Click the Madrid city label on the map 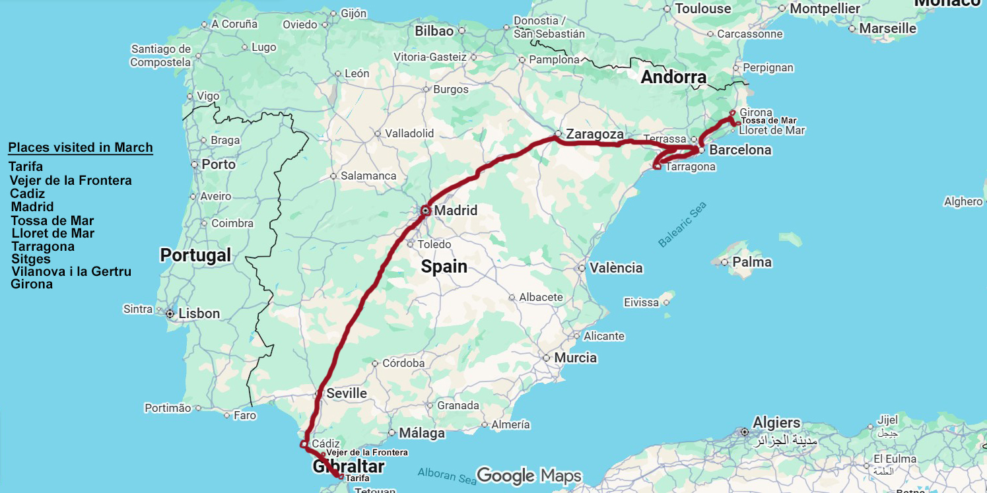pos(456,211)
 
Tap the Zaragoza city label pos(594,135)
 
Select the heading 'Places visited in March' pos(81,147)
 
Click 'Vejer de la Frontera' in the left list pos(71,180)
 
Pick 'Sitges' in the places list pos(31,259)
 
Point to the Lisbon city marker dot pos(170,313)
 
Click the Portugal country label pos(195,255)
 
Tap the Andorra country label pos(673,77)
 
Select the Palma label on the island pos(751,262)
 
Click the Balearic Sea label pos(682,225)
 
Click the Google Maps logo pos(529,475)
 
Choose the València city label pos(616,268)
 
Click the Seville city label pos(347,393)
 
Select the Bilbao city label pos(434,31)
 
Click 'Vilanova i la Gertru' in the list pos(71,271)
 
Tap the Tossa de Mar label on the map pos(768,121)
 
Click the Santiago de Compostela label pos(160,55)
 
